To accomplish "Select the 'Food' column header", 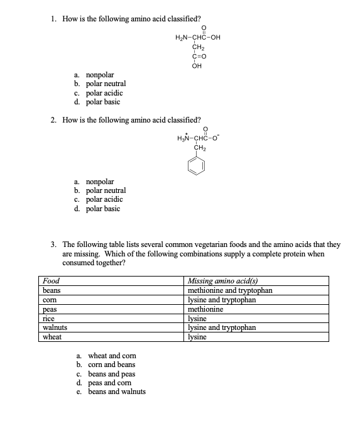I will pos(50,281).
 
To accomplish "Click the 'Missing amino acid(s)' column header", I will pos(223,281).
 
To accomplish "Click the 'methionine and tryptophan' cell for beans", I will pos(230,290).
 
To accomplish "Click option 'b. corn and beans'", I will pos(106,365).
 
